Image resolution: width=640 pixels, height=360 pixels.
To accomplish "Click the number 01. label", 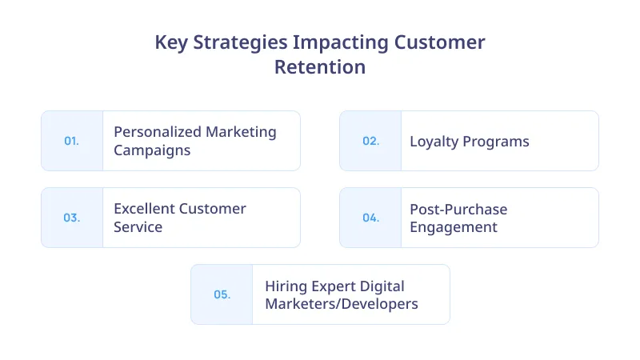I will click(71, 141).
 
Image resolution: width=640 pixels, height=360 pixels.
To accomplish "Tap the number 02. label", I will click(370, 141).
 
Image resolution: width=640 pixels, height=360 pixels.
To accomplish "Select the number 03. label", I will click(71, 218).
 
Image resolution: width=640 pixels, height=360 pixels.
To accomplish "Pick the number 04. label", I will click(370, 218).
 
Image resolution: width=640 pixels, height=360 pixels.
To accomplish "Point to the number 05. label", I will click(222, 294).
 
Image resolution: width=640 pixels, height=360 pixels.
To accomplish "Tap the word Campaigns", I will click(152, 150).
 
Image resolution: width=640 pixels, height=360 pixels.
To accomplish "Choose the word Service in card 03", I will click(138, 227).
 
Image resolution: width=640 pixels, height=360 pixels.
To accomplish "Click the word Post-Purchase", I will click(458, 209).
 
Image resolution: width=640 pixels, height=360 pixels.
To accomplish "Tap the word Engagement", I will click(454, 227).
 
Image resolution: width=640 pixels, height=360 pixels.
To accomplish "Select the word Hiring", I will click(286, 286).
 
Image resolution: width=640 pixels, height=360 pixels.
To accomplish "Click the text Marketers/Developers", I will click(342, 304).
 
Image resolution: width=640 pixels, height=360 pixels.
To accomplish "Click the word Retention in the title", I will click(320, 67).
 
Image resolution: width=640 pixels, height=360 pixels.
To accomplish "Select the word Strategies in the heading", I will click(238, 42).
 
